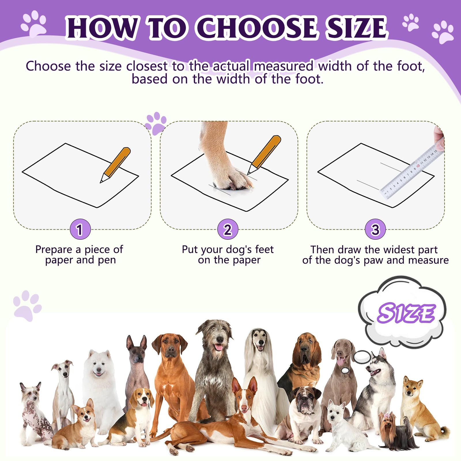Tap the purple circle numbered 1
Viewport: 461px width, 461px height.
(80, 229)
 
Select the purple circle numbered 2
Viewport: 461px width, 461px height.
(228, 229)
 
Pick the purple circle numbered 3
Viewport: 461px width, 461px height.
(375, 229)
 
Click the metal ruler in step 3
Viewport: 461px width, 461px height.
(412, 170)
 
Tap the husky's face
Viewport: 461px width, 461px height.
(376, 367)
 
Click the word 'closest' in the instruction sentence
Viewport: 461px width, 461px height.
(147, 66)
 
